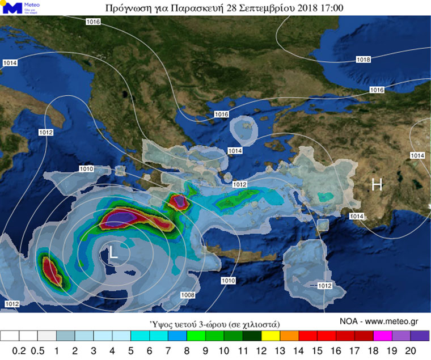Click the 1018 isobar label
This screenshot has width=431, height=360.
tap(364, 60)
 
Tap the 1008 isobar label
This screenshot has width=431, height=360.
tap(188, 295)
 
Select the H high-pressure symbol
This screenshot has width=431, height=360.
tap(377, 184)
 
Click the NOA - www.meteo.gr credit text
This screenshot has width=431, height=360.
tap(379, 321)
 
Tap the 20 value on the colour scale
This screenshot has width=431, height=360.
tap(420, 350)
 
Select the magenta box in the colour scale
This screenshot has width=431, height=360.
tap(382, 336)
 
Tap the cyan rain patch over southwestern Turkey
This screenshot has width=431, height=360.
tap(325, 197)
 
